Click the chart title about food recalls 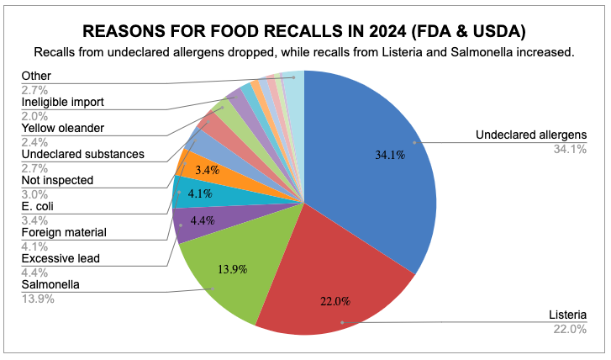pyautogui.click(x=304, y=32)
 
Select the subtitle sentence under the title pyautogui.click(x=304, y=52)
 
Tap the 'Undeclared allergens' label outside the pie pyautogui.click(x=530, y=135)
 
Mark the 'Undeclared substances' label pyautogui.click(x=83, y=154)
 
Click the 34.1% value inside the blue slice pyautogui.click(x=386, y=154)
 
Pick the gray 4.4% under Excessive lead pyautogui.click(x=34, y=273)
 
